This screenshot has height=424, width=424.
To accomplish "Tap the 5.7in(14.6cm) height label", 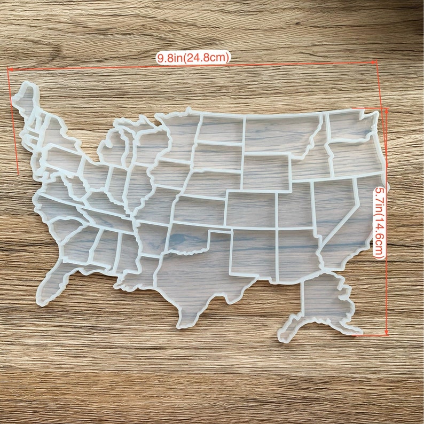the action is tap(380, 222).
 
